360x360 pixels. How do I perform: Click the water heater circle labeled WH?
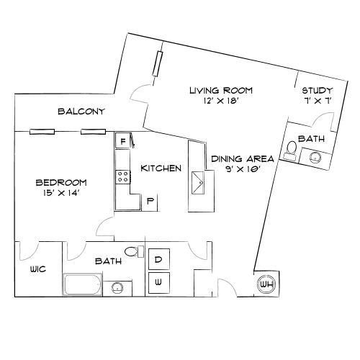(x=266, y=284)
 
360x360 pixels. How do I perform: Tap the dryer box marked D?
(x=159, y=259)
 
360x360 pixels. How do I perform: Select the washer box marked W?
(x=159, y=283)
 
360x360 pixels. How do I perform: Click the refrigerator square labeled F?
(x=122, y=141)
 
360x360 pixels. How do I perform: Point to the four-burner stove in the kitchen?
(x=123, y=177)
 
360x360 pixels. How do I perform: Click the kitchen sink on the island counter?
(x=198, y=183)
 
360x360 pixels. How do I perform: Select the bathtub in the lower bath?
(x=83, y=284)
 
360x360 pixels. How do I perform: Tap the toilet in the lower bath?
(x=134, y=251)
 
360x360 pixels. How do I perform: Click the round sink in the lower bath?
(x=117, y=287)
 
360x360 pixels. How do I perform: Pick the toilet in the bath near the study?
(x=291, y=150)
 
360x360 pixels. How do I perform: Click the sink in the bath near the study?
(x=315, y=158)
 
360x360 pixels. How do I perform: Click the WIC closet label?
(x=38, y=269)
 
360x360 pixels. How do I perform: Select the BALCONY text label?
(x=81, y=112)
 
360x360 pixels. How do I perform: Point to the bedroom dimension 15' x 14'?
(x=61, y=193)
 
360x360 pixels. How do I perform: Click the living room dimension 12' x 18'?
(x=220, y=101)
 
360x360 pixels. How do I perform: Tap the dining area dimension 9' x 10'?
(x=243, y=169)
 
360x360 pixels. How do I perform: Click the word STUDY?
(x=318, y=91)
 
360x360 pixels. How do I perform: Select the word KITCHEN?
(x=161, y=168)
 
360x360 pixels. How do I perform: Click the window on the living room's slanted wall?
(x=158, y=64)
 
